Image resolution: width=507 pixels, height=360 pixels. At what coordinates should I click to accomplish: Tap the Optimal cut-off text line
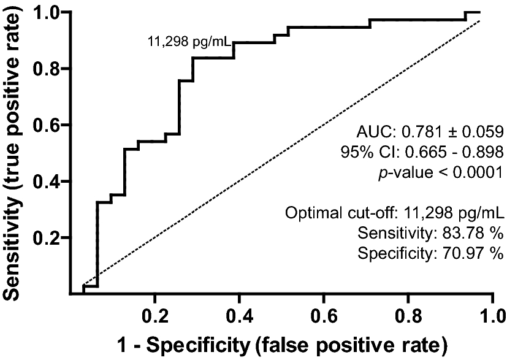(x=394, y=215)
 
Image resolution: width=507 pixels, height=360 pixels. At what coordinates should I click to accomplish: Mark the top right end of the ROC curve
(x=480, y=12)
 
